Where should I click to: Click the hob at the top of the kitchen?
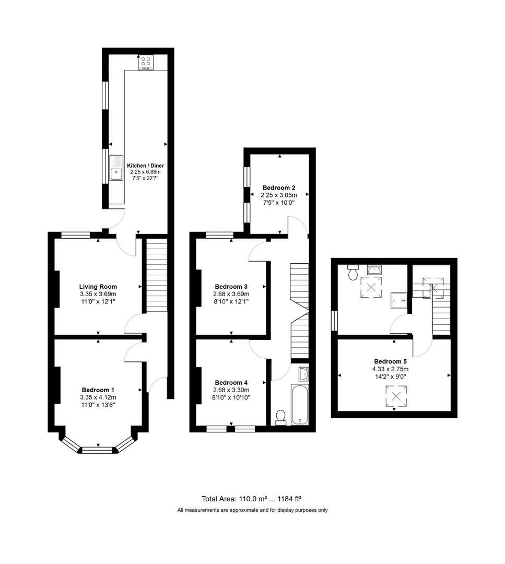[146, 62]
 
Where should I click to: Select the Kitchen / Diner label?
[145, 166]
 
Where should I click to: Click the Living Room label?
[98, 286]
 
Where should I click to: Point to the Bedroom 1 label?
[98, 390]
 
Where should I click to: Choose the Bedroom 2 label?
[279, 187]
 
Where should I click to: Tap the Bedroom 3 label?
[231, 286]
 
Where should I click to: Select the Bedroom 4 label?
[231, 382]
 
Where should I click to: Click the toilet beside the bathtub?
[280, 417]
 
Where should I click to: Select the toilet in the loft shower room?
[353, 273]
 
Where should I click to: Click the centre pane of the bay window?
[98, 448]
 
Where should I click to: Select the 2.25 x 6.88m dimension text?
[145, 172]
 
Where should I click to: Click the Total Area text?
[252, 498]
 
